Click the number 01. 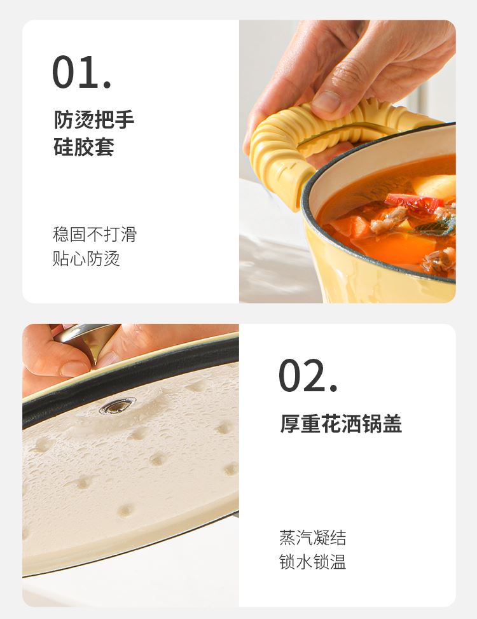coord(81,72)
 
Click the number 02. coord(308,375)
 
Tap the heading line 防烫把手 coord(94,120)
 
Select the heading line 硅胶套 coord(84,147)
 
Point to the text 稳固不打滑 coord(95,234)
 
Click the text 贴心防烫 coord(86,258)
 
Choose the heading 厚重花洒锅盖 coord(341,424)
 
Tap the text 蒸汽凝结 coord(312,538)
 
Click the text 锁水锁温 coord(312,562)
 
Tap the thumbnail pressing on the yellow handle coord(326,102)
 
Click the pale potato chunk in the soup coord(436,186)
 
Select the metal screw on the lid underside coord(118,407)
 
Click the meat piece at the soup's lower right coord(440,261)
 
